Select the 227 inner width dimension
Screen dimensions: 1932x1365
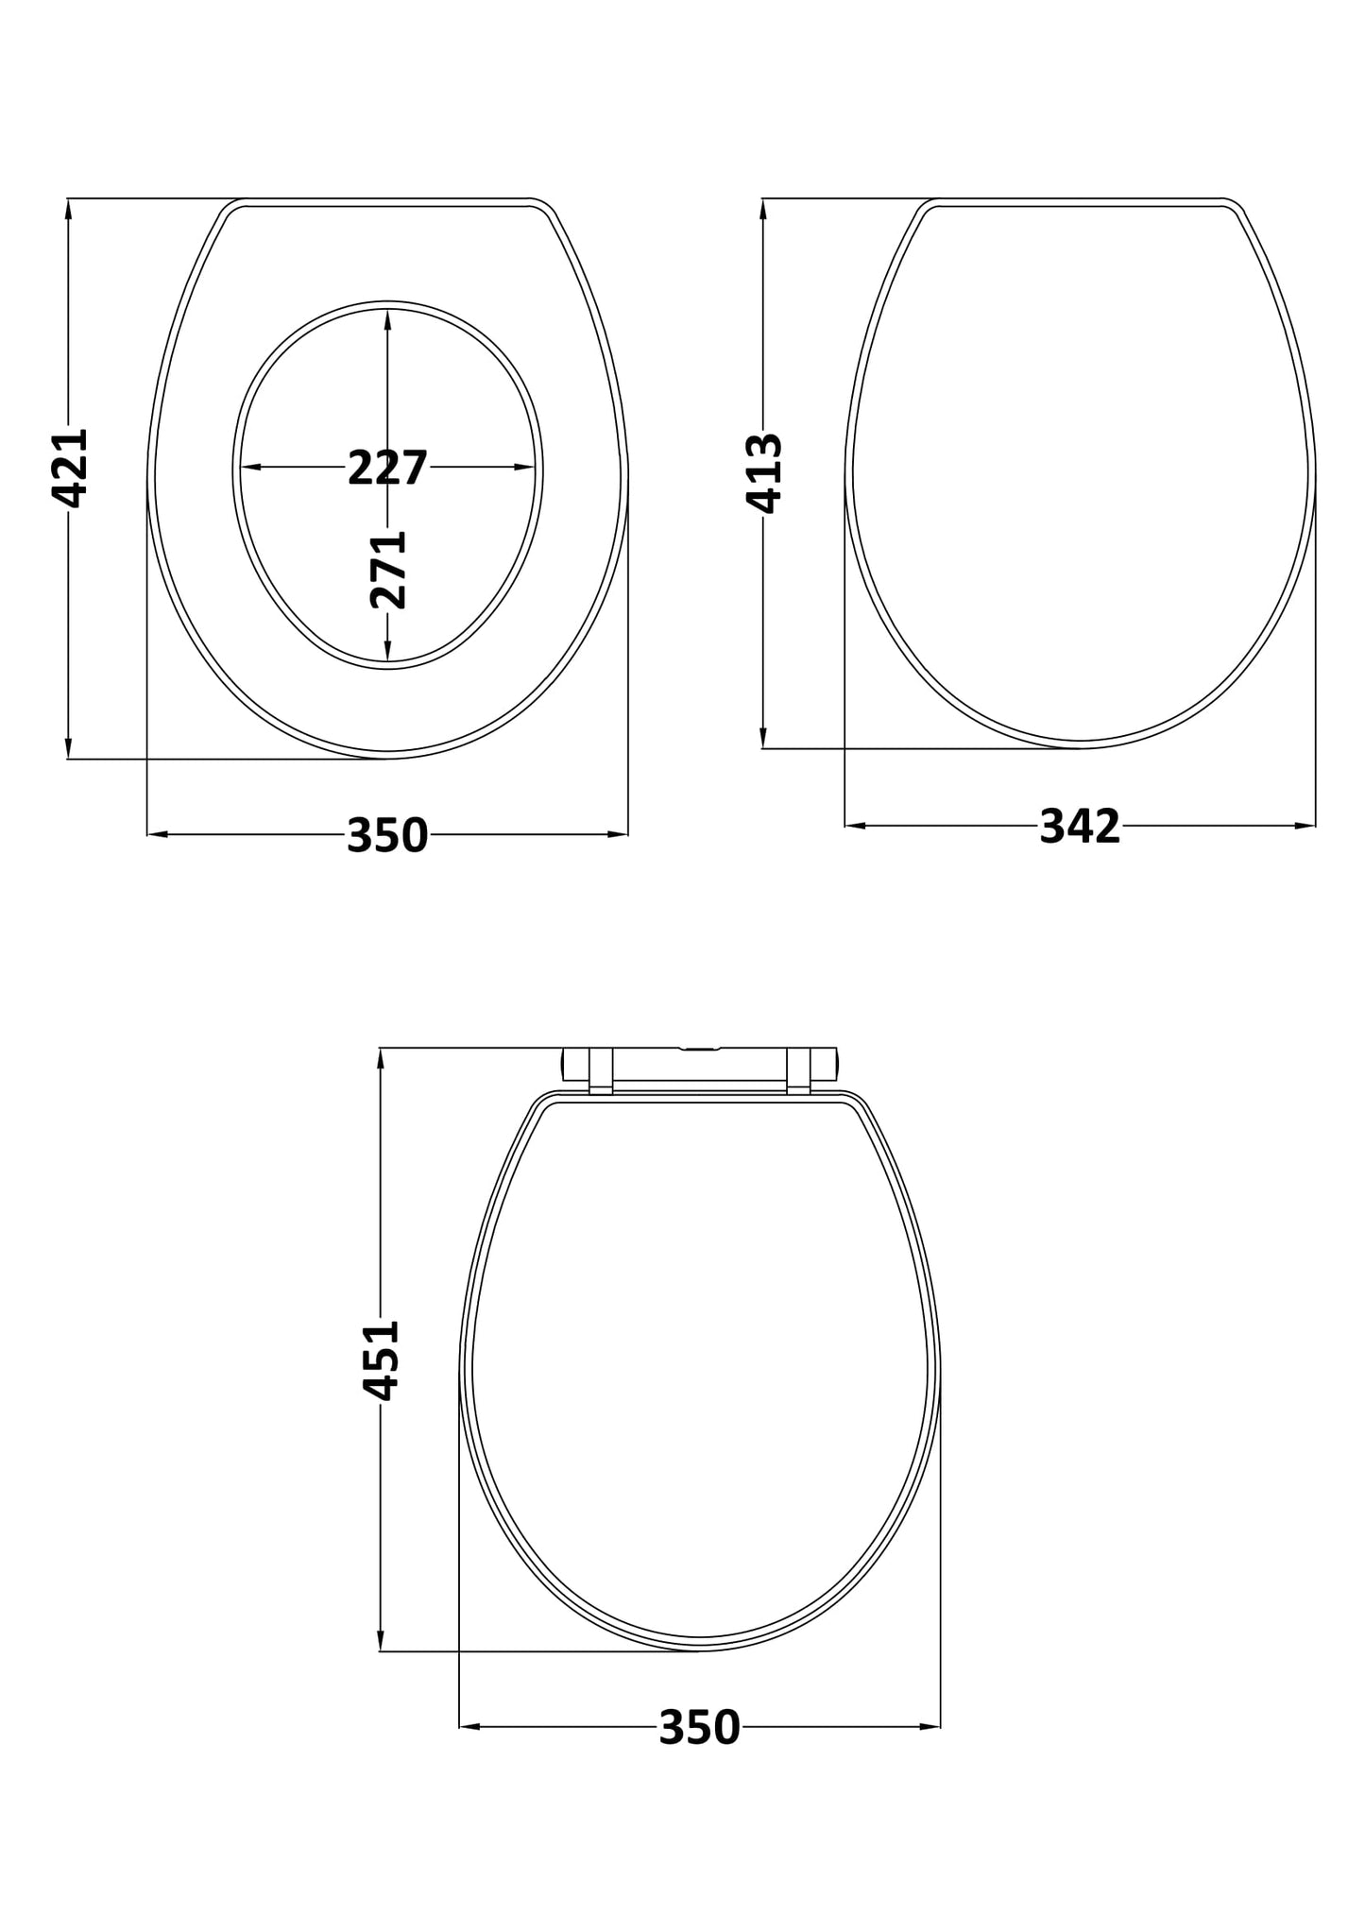(x=387, y=468)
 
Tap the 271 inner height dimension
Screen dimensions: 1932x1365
(x=388, y=569)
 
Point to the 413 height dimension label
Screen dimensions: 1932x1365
(x=764, y=472)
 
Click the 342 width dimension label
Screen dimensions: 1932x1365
(x=1080, y=827)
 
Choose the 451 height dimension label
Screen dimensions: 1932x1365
(x=383, y=1359)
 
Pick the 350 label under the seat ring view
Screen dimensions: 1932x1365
(x=387, y=835)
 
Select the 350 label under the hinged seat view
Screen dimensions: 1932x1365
(x=699, y=1727)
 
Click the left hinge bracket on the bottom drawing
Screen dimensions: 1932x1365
(x=601, y=1070)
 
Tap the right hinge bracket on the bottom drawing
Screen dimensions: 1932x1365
(x=799, y=1070)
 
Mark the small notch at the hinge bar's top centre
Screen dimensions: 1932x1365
(x=699, y=1049)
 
